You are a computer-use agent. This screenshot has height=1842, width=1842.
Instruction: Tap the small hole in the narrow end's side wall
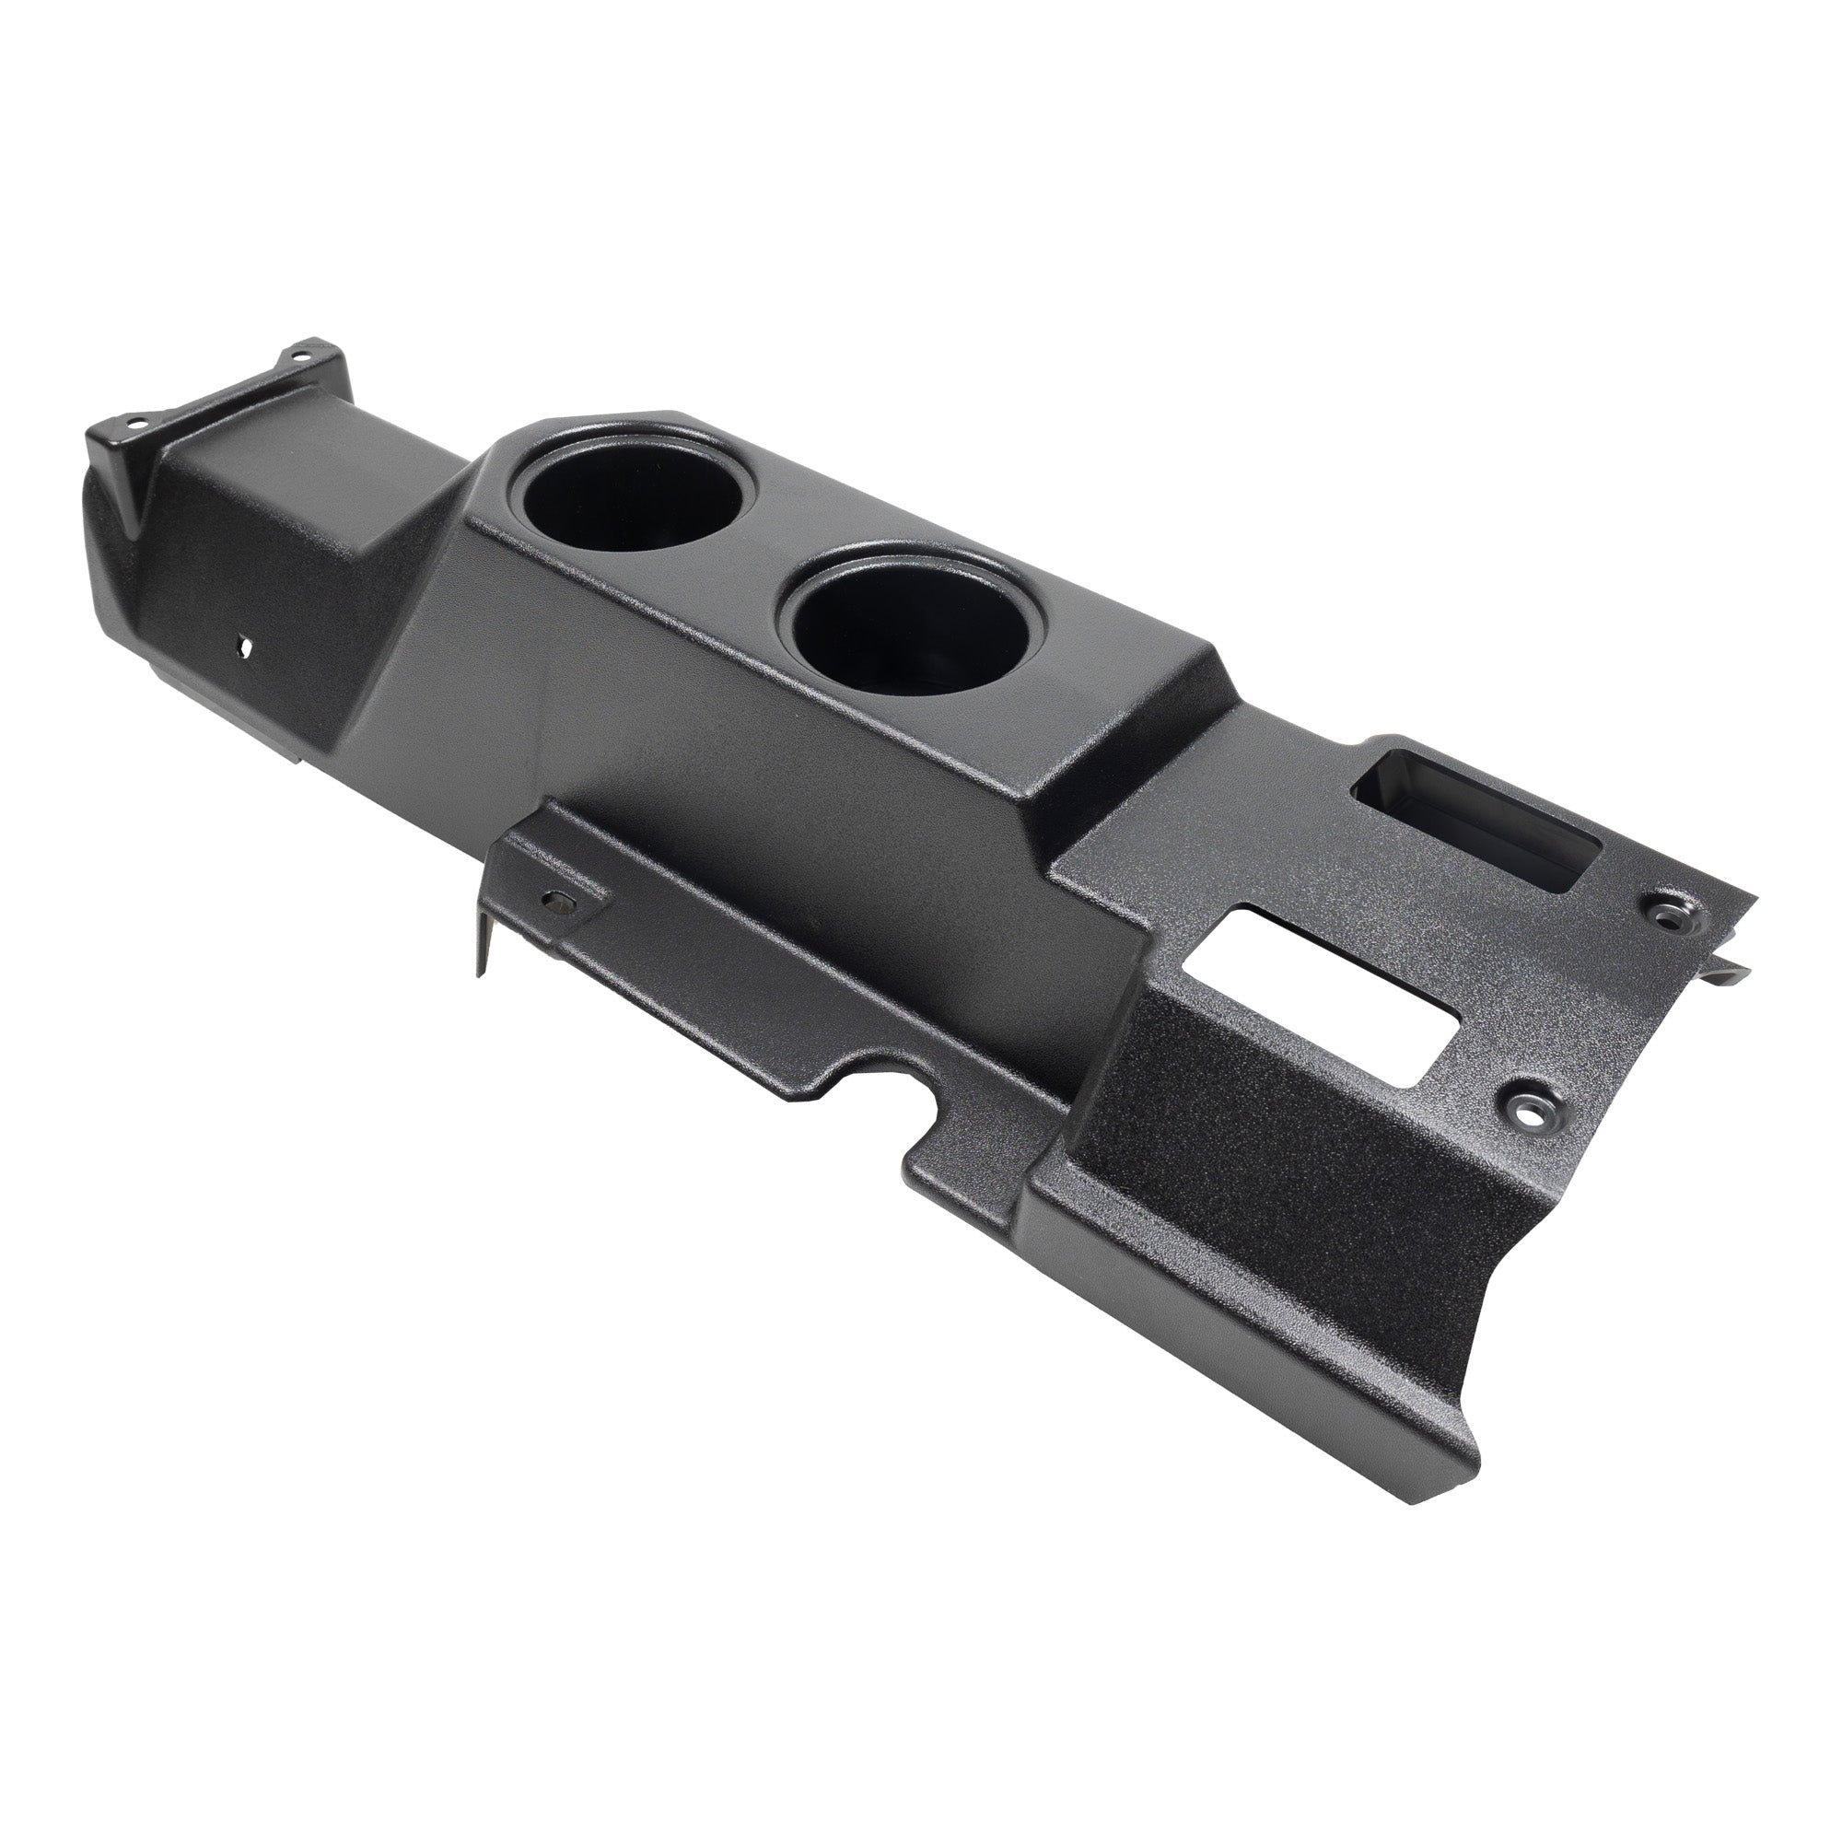245,645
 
